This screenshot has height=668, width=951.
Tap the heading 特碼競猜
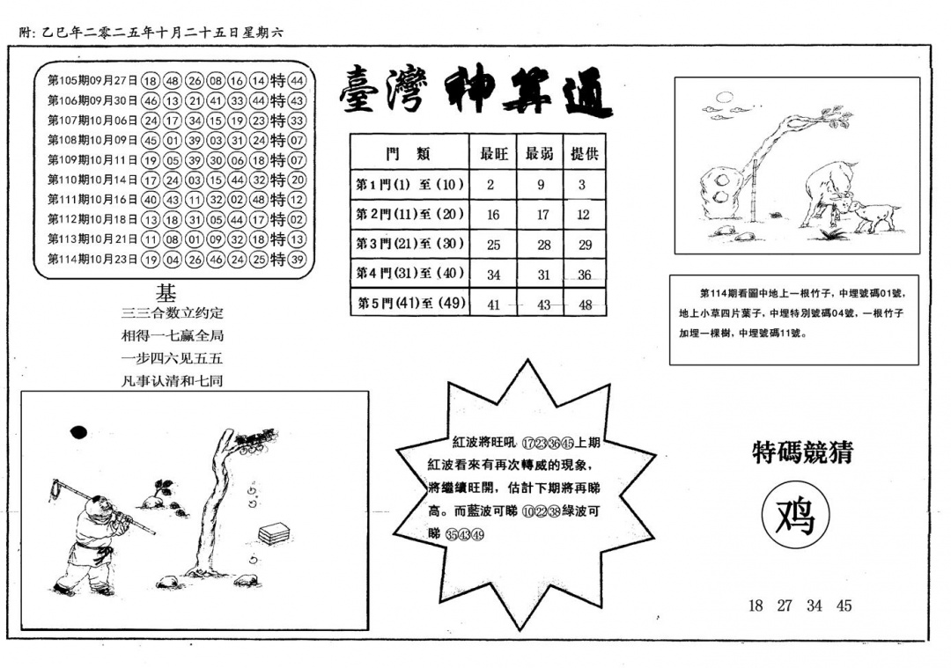[802, 452]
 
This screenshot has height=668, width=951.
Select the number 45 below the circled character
[844, 606]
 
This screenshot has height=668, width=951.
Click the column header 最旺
[493, 153]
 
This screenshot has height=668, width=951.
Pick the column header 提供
[585, 153]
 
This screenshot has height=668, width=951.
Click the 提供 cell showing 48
[585, 305]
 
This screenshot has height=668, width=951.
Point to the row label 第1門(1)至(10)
[409, 185]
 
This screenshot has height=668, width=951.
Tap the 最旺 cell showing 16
[493, 215]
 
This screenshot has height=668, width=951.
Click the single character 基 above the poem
[166, 293]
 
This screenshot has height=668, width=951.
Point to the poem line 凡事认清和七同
[173, 381]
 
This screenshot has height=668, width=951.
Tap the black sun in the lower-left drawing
[77, 431]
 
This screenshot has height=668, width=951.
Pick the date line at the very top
[150, 33]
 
